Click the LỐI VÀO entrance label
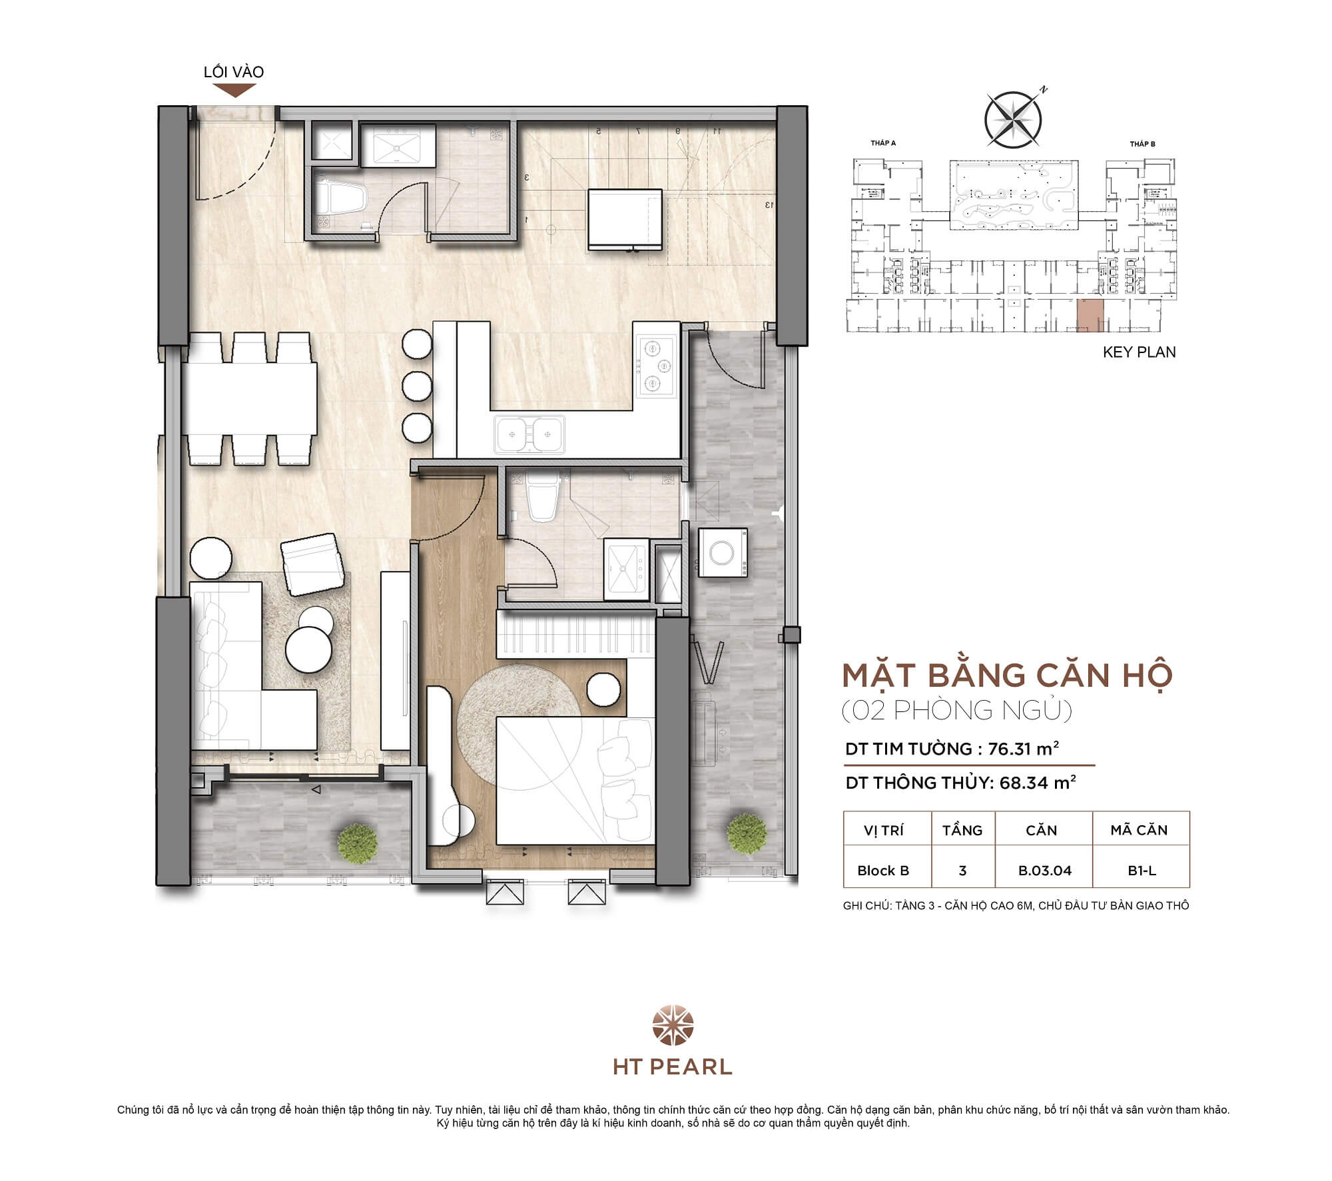pos(234,72)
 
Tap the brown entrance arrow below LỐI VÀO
pos(234,91)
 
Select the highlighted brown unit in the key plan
pos(1090,315)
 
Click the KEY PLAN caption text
pos(1139,352)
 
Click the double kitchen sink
pos(529,434)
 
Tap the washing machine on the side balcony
pos(723,552)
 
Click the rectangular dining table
pos(250,398)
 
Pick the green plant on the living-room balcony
pos(358,843)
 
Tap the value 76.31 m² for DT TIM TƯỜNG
pos(1023,749)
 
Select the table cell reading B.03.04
pos(1044,871)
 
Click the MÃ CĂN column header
pos(1139,830)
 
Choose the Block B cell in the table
pos(883,871)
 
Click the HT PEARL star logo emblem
pos(673,1026)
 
